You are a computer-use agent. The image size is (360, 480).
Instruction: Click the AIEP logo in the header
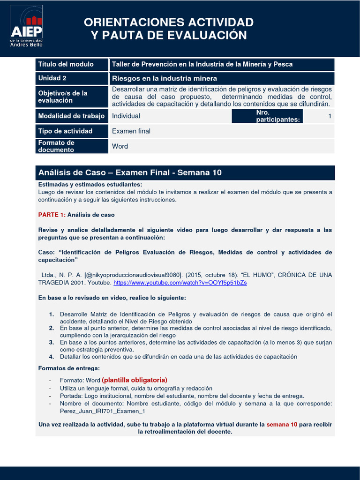coord(26,26)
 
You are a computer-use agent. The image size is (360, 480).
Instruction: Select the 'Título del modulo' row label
coord(66,64)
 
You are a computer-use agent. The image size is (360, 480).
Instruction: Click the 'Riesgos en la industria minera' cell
coord(164,78)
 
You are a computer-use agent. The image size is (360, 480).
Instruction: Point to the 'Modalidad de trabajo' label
coord(70,116)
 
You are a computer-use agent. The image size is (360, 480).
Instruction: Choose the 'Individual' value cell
coord(126,116)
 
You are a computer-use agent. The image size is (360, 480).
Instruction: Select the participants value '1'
coord(330,116)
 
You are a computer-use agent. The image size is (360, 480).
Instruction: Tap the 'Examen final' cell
coord(131,131)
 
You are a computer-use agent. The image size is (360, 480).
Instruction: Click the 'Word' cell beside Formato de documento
coord(120,146)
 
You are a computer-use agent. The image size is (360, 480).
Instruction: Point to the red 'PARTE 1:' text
coord(52,215)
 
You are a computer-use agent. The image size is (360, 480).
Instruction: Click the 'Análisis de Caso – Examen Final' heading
coord(130,173)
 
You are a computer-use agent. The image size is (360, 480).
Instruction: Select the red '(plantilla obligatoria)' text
coord(135,380)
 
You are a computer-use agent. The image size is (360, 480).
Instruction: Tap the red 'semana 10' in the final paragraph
coord(282,424)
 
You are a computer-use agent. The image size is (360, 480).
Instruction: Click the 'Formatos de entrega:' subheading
coord(69,368)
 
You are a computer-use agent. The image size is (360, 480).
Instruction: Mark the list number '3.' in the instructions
coord(52,343)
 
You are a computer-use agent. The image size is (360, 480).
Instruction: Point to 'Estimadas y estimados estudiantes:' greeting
coord(90,185)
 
